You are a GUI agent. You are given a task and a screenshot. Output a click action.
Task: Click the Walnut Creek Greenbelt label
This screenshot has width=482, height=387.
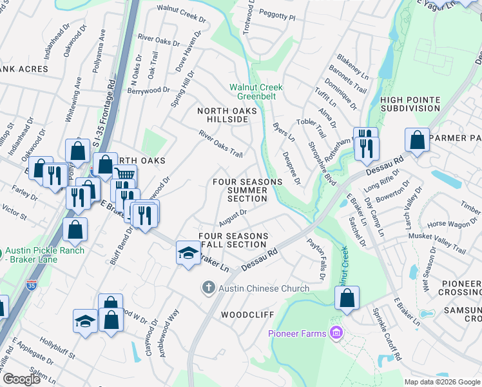(x=256, y=92)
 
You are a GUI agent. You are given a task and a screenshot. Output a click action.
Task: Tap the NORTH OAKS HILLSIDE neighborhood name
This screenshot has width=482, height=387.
(x=227, y=115)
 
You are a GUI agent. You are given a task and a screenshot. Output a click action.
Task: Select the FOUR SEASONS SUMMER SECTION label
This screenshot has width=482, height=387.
(x=247, y=190)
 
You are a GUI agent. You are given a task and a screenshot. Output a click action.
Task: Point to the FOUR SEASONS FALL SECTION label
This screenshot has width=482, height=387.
(x=233, y=240)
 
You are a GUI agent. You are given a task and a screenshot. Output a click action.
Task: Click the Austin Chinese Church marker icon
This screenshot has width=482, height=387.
(x=208, y=288)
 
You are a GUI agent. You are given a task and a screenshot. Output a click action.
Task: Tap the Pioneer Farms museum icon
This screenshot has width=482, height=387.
(x=335, y=333)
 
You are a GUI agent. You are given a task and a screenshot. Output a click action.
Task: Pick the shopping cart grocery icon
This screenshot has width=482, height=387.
(x=124, y=175)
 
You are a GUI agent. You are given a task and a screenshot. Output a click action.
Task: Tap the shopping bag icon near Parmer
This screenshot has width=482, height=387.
(x=417, y=140)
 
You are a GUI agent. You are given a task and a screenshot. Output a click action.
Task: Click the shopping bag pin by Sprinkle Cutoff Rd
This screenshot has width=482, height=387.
(x=347, y=297)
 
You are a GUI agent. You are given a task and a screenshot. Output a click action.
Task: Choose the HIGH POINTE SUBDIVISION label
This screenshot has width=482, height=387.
(x=410, y=104)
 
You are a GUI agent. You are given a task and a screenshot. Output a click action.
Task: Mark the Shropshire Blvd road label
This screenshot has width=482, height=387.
(x=322, y=164)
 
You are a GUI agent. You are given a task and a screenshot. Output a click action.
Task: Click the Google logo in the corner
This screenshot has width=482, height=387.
(x=21, y=379)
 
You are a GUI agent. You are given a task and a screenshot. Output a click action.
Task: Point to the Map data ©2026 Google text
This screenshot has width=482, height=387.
(x=441, y=382)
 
